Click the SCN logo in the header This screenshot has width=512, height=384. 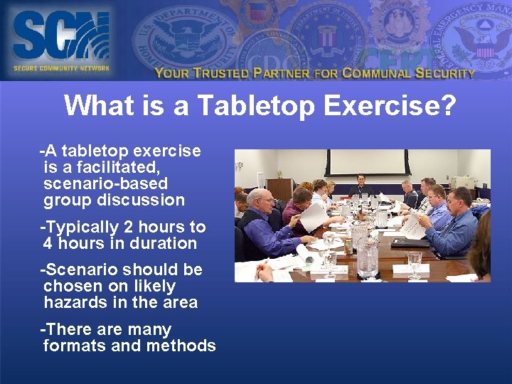(60, 40)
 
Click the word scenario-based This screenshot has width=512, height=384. (105, 183)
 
